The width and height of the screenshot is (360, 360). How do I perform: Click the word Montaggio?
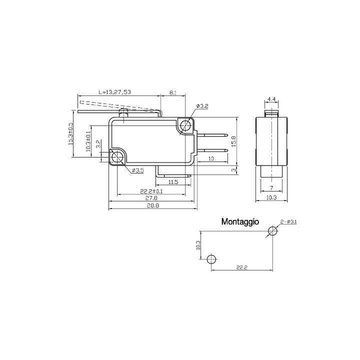coord(239,220)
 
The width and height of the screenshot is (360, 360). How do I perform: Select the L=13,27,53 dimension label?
coord(114,92)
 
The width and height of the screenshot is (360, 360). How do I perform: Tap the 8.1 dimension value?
coord(172,92)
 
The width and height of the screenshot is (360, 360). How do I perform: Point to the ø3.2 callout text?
coord(202,106)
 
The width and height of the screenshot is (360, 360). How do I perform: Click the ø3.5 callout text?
coord(137,171)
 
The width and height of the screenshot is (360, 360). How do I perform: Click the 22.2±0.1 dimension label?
coord(152,191)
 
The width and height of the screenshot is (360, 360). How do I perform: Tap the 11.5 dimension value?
coord(173,181)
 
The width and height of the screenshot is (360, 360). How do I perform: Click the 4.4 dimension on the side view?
coord(271,100)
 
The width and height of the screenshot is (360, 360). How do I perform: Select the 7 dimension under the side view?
coord(270,188)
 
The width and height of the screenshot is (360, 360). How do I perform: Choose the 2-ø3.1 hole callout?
coord(288,221)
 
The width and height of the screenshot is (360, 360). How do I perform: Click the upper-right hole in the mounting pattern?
coord(272,231)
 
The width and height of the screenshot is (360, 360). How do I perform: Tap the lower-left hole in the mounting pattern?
coord(211,259)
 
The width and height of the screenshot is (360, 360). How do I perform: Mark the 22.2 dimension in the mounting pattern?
coord(241,268)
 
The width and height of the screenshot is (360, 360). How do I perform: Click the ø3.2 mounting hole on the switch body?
coord(186,125)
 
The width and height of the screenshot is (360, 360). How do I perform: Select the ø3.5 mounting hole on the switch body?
coord(118,157)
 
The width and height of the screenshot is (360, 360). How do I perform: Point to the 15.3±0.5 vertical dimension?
coord(70,134)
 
